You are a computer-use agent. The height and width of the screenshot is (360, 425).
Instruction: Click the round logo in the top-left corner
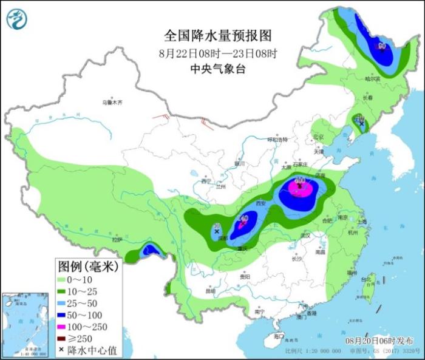17,19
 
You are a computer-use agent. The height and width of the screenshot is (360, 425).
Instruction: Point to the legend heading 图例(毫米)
89,267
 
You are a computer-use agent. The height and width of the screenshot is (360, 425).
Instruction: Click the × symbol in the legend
62,350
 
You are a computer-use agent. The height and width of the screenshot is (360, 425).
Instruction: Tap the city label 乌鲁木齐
112,103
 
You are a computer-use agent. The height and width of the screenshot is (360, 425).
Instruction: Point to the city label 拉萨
117,240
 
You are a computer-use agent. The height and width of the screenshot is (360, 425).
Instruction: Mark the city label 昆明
210,291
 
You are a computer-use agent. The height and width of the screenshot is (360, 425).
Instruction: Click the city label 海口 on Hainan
278,336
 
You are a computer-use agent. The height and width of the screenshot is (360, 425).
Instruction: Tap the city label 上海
363,222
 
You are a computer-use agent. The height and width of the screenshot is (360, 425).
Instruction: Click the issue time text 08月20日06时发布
377,341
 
